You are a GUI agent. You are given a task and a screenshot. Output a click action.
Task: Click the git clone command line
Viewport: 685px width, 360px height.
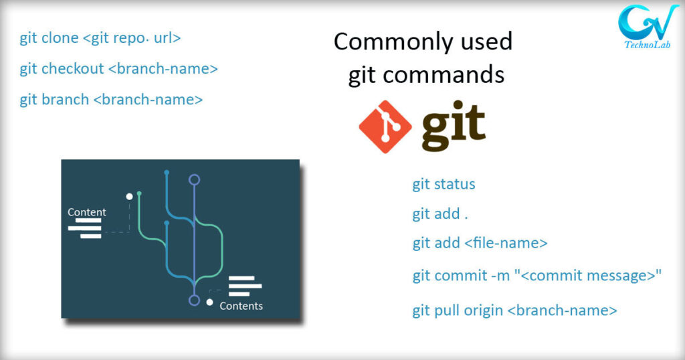pos(100,38)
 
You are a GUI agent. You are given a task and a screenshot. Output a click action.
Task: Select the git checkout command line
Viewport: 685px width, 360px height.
pos(118,69)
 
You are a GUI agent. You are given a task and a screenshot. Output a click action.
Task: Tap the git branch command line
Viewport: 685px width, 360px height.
pos(111,100)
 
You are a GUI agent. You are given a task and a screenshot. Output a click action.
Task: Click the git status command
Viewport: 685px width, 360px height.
pos(444,185)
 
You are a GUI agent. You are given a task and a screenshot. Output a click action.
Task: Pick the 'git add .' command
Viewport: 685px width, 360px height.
pos(440,213)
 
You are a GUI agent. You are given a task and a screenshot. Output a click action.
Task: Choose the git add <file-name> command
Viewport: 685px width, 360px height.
pos(480,243)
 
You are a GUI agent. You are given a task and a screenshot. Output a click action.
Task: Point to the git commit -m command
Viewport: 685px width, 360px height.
pos(537,276)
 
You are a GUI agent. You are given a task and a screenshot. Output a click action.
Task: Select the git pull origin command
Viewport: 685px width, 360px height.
pos(514,310)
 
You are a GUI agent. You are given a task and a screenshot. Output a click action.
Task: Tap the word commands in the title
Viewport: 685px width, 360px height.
pos(444,74)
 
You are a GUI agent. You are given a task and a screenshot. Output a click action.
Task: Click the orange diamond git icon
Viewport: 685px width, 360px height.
pos(385,126)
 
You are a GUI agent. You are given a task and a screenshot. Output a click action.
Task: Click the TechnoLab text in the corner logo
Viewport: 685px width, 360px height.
pos(647,45)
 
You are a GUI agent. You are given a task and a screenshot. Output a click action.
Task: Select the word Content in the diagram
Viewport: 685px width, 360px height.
pos(86,212)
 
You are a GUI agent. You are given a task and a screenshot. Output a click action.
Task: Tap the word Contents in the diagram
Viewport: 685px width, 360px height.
pos(241,306)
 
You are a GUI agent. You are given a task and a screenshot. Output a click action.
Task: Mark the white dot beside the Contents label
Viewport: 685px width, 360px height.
pos(209,302)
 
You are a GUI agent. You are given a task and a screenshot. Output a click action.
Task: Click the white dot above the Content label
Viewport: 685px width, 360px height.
pos(129,197)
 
